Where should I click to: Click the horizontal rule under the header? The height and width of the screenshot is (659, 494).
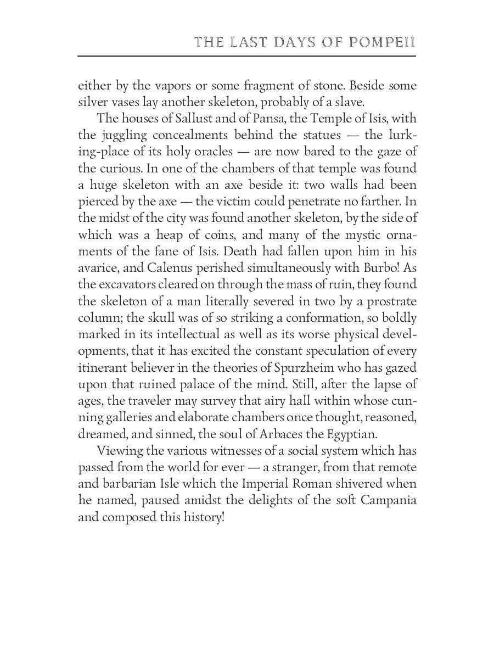246,56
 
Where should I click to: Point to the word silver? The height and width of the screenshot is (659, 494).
93,103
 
